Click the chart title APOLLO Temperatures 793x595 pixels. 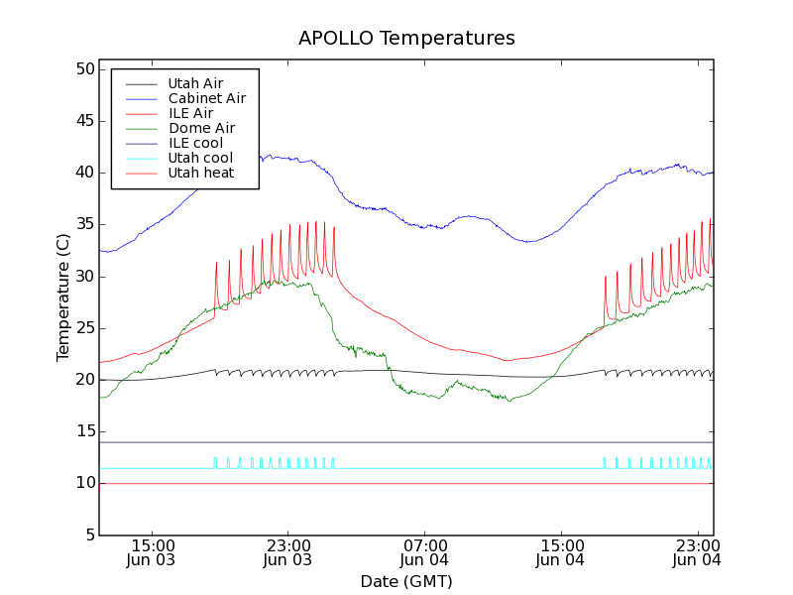click(406, 39)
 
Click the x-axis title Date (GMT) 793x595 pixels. click(406, 580)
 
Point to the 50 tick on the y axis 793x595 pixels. click(83, 69)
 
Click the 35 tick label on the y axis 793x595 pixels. click(83, 224)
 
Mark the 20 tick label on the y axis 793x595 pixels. click(83, 380)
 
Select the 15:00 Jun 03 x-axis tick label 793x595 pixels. click(153, 552)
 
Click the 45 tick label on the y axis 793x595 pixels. click(83, 121)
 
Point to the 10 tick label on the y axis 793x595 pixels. click(83, 483)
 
